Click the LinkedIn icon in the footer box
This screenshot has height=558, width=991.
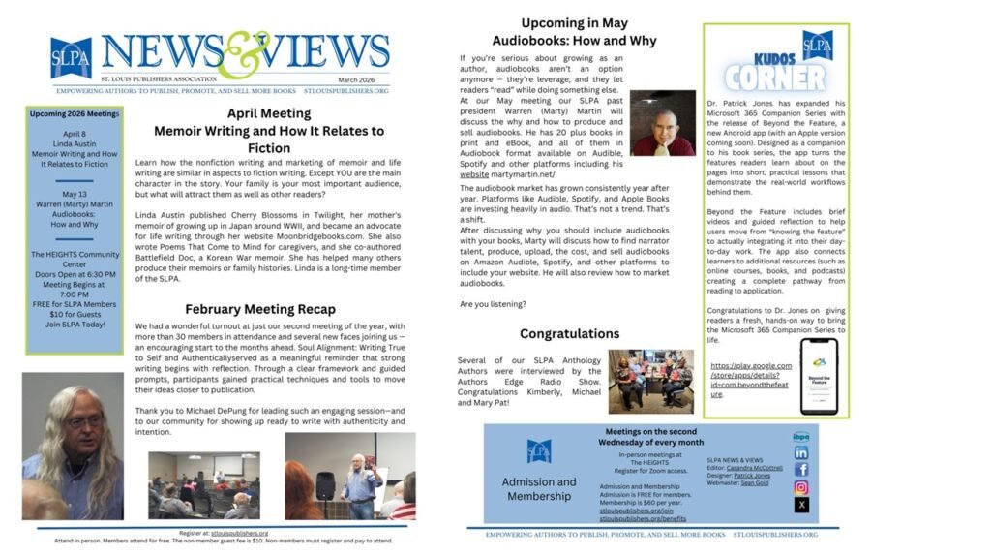pos(801,452)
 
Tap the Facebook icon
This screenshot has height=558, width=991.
pos(801,470)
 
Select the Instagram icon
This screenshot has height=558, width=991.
pos(801,487)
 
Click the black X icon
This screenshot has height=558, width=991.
pos(801,505)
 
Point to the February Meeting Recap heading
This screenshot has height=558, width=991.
pos(260,309)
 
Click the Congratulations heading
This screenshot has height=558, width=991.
pos(569,334)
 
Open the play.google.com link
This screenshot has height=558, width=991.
pos(750,380)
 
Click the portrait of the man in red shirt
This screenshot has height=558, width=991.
pos(662,123)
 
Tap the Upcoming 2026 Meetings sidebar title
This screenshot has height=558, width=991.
pos(75,114)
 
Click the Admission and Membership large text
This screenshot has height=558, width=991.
pos(539,489)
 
